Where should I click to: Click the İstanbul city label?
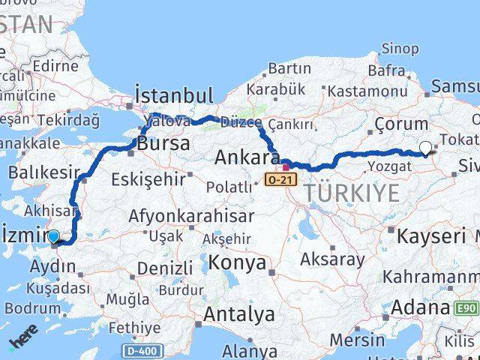click(173, 96)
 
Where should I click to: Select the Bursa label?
click(164, 143)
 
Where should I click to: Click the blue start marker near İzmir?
click(54, 238)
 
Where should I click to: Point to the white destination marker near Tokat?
click(426, 148)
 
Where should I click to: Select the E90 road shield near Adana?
click(466, 307)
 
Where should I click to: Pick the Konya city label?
click(237, 262)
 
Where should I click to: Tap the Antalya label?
click(238, 314)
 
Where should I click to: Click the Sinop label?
click(400, 49)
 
